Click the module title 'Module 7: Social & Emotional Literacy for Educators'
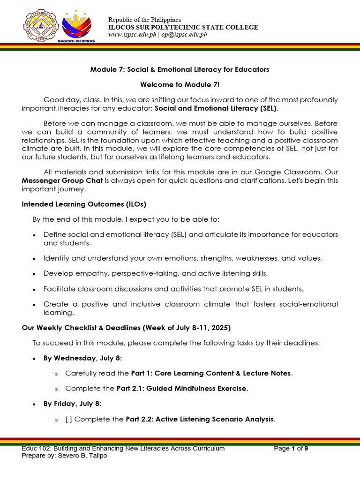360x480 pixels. (x=180, y=69)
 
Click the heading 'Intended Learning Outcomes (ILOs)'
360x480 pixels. (x=73, y=204)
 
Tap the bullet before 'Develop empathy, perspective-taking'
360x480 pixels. (x=34, y=274)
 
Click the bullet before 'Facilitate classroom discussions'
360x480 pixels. (x=34, y=289)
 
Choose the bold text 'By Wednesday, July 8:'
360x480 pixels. (x=83, y=358)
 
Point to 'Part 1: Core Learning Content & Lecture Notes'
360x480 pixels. (x=211, y=373)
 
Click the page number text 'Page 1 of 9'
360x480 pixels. (x=291, y=449)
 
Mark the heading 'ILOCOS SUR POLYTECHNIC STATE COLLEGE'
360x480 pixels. (x=183, y=27)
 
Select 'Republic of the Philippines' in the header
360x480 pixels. (x=145, y=20)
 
